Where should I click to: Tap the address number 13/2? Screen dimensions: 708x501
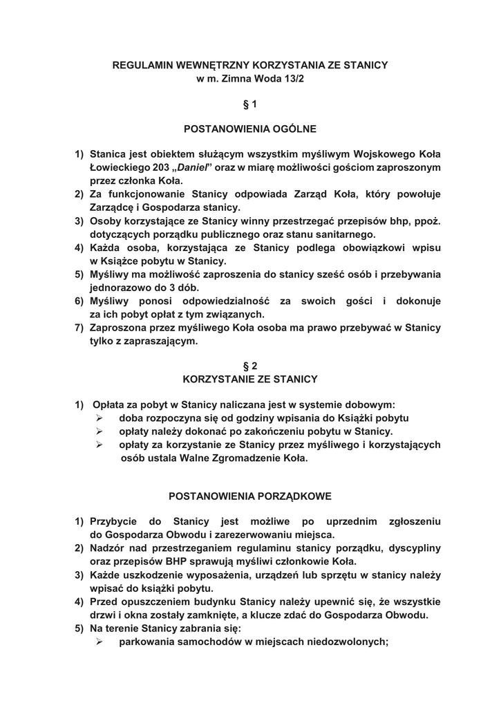(x=292, y=80)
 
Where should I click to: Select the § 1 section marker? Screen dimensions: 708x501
(x=250, y=104)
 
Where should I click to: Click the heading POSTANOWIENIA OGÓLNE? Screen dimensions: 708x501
(x=250, y=129)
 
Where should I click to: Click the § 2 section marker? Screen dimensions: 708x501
(x=250, y=366)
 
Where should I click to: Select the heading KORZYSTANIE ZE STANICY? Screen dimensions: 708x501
(x=250, y=379)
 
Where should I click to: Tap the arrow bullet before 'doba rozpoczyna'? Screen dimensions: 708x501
(x=100, y=419)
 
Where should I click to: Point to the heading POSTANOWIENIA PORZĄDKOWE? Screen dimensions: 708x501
(x=250, y=496)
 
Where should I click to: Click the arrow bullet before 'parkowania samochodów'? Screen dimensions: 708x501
(x=100, y=642)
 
